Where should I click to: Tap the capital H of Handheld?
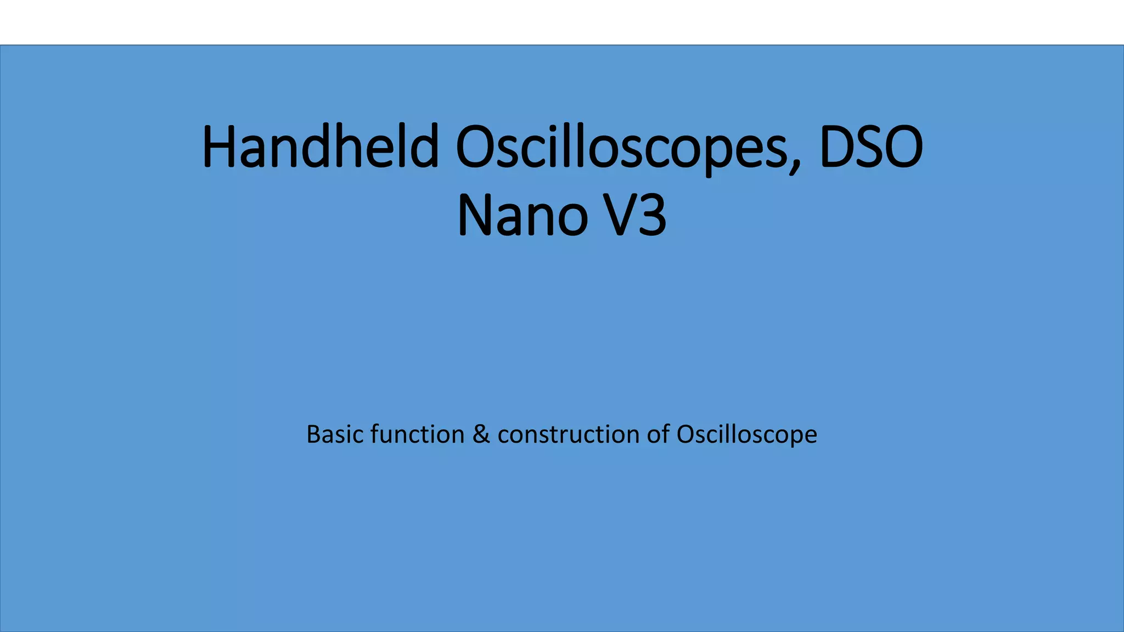click(x=220, y=147)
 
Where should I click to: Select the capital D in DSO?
click(x=837, y=147)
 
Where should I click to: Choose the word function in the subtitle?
click(x=418, y=435)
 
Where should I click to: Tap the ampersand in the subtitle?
click(x=481, y=435)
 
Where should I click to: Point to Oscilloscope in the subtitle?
click(x=747, y=435)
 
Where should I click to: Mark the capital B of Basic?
click(x=313, y=435)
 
